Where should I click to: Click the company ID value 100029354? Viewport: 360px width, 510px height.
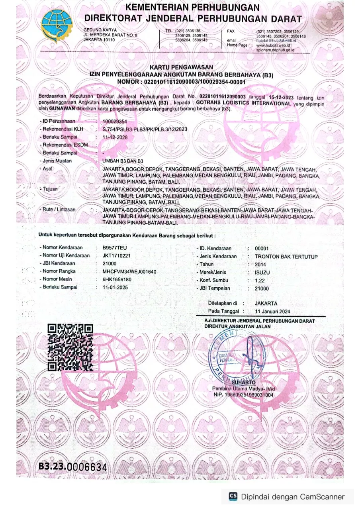pos(114,121)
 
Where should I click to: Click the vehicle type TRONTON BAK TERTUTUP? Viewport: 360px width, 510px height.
pos(286,257)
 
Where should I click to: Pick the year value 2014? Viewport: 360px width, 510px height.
pos(261,265)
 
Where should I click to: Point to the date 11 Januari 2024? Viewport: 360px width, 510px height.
pos(272,311)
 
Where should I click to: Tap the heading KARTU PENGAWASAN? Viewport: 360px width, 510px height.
pos(181,67)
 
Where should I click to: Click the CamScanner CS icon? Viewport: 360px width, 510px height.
pos(233,496)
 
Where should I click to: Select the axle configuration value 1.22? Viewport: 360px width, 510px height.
pos(260,280)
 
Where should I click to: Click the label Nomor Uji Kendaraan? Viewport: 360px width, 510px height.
pos(66,255)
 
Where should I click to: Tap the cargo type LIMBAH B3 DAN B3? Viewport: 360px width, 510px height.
pos(123,161)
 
